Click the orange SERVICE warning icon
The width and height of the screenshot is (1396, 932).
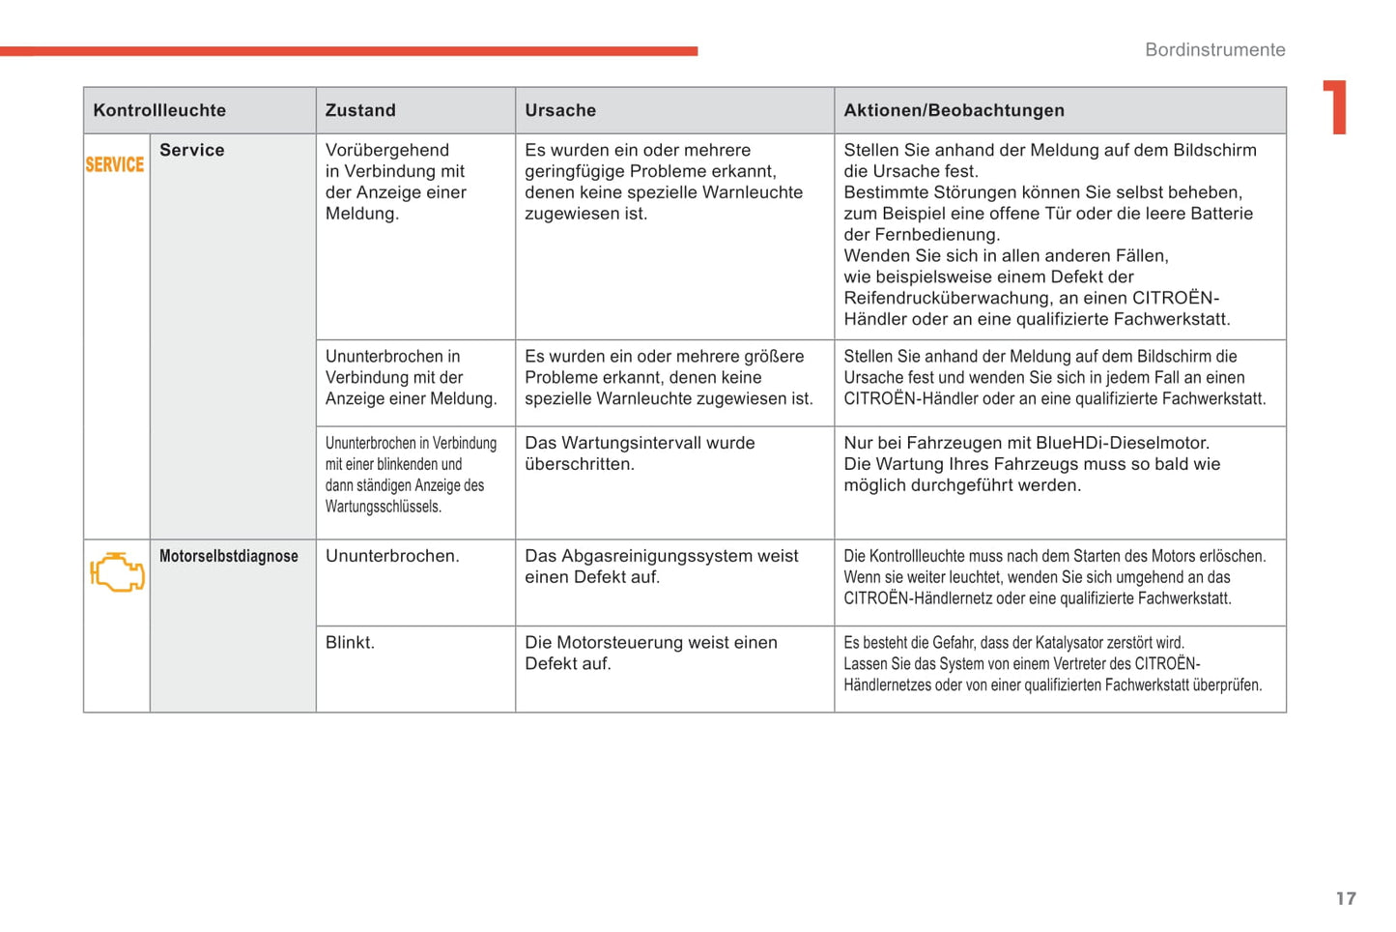pos(115,164)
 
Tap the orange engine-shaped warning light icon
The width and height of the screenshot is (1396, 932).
pos(117,572)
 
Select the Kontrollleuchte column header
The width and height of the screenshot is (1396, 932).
pos(159,110)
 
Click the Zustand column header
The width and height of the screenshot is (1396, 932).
pos(360,110)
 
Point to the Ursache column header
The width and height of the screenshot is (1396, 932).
pos(560,110)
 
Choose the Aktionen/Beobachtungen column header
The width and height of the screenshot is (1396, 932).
pos(954,110)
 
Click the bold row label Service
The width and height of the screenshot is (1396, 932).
pos(192,150)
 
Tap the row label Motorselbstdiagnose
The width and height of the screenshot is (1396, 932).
pos(229,556)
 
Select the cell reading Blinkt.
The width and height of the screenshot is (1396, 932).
pos(350,642)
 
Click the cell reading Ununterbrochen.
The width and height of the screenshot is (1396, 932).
pos(392,556)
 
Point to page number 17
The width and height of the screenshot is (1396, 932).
pos(1346,898)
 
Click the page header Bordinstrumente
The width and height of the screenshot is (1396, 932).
pos(1214,49)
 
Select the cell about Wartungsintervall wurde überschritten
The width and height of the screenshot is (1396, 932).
pos(640,453)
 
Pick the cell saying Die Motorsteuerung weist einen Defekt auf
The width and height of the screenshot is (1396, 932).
pos(650,653)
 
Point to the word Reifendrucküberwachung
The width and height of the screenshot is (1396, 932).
pos(948,298)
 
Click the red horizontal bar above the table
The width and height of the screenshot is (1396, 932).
pos(349,50)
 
